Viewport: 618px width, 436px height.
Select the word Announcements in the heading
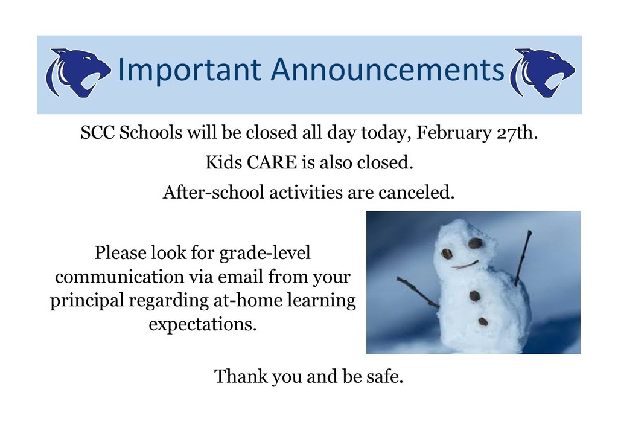coord(387,69)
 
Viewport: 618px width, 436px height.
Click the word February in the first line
coord(454,133)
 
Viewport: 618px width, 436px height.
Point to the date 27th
coord(517,133)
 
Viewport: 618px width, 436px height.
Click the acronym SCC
coord(97,133)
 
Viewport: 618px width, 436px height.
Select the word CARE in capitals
coord(272,162)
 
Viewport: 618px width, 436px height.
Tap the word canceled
coord(416,193)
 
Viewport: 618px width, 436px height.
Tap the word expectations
coord(203,325)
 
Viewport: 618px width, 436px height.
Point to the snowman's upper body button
coord(474,295)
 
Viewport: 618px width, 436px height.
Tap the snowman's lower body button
coord(483,322)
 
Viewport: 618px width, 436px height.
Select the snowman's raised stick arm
coord(523,258)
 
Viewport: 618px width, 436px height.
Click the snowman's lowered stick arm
coord(418,292)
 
